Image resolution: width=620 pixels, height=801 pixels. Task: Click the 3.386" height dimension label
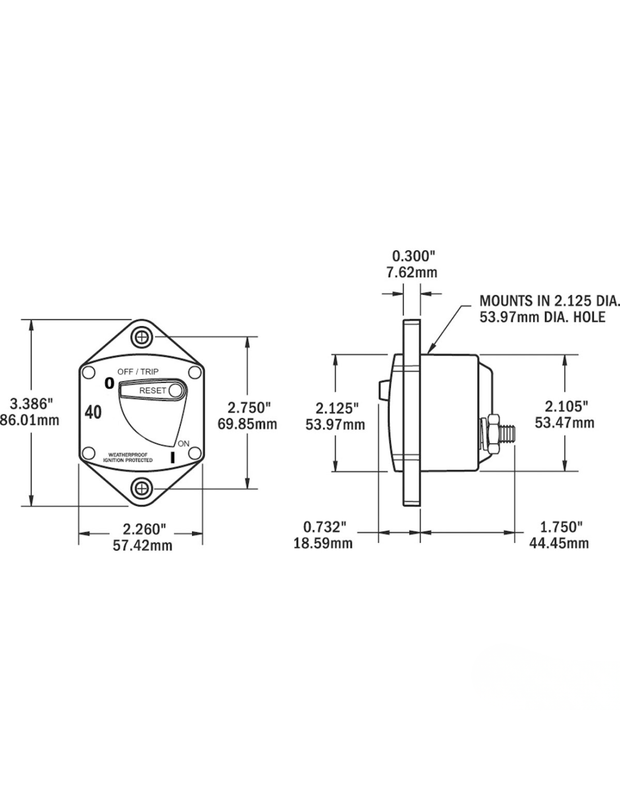pos(32,404)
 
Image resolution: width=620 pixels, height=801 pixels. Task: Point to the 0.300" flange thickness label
pos(414,257)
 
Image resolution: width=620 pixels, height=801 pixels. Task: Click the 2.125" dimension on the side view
pos(336,407)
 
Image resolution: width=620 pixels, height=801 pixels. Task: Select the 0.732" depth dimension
pos(324,527)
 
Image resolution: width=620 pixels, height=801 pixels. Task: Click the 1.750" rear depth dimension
pos(561,527)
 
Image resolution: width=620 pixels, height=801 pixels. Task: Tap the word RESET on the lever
pos(153,390)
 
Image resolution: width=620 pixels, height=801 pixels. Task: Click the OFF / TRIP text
pos(138,371)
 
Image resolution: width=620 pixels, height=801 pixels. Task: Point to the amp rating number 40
pos(94,413)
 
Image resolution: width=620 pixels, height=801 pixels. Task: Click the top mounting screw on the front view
pos(141,338)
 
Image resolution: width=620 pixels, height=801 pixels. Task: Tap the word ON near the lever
pos(184,443)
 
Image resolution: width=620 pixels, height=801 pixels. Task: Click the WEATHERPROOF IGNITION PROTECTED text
pos(127,457)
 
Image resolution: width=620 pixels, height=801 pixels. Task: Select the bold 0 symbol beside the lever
pos(109,384)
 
